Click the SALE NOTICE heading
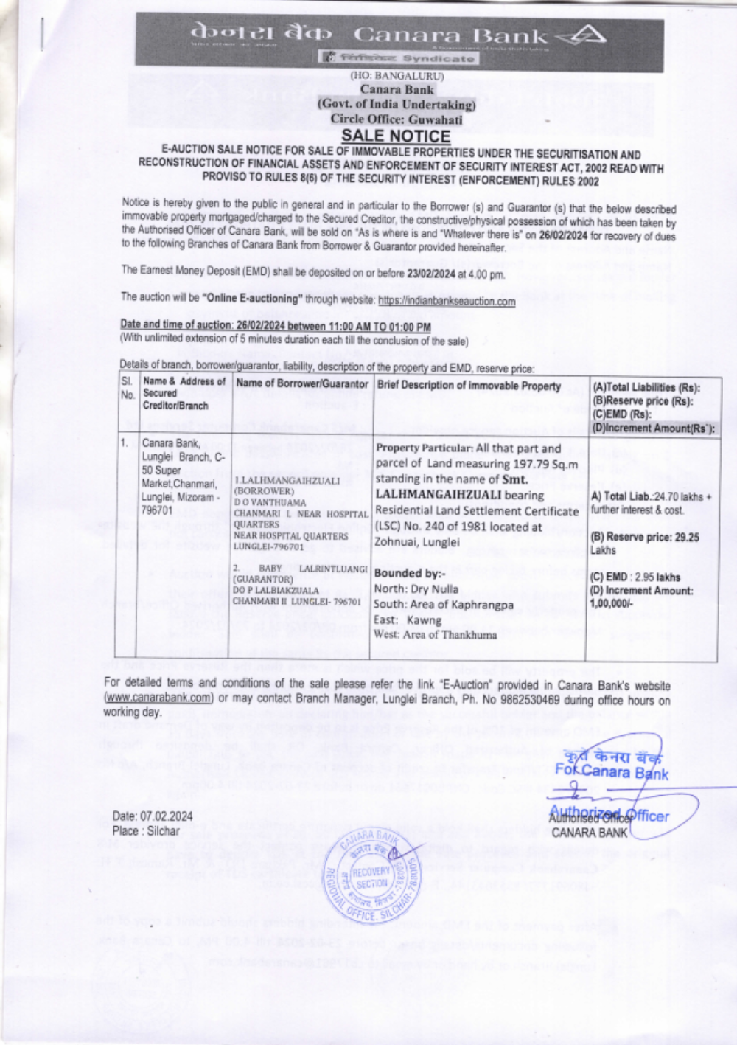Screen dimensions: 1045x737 point(396,136)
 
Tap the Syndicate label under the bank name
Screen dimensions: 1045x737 point(439,58)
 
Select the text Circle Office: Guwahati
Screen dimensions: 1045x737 point(396,119)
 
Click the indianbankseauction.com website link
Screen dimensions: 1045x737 point(447,301)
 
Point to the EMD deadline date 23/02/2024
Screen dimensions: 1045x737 point(431,274)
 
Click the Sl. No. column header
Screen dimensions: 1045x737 point(128,388)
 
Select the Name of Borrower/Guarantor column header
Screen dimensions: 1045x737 point(302,384)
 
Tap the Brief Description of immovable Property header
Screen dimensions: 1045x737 point(469,386)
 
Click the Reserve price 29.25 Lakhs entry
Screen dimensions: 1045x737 point(645,544)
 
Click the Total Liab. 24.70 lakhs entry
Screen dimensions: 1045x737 point(651,497)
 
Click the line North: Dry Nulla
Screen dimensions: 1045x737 point(416,589)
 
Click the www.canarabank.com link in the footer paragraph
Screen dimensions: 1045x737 point(158,698)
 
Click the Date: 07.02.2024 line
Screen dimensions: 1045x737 point(153,816)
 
